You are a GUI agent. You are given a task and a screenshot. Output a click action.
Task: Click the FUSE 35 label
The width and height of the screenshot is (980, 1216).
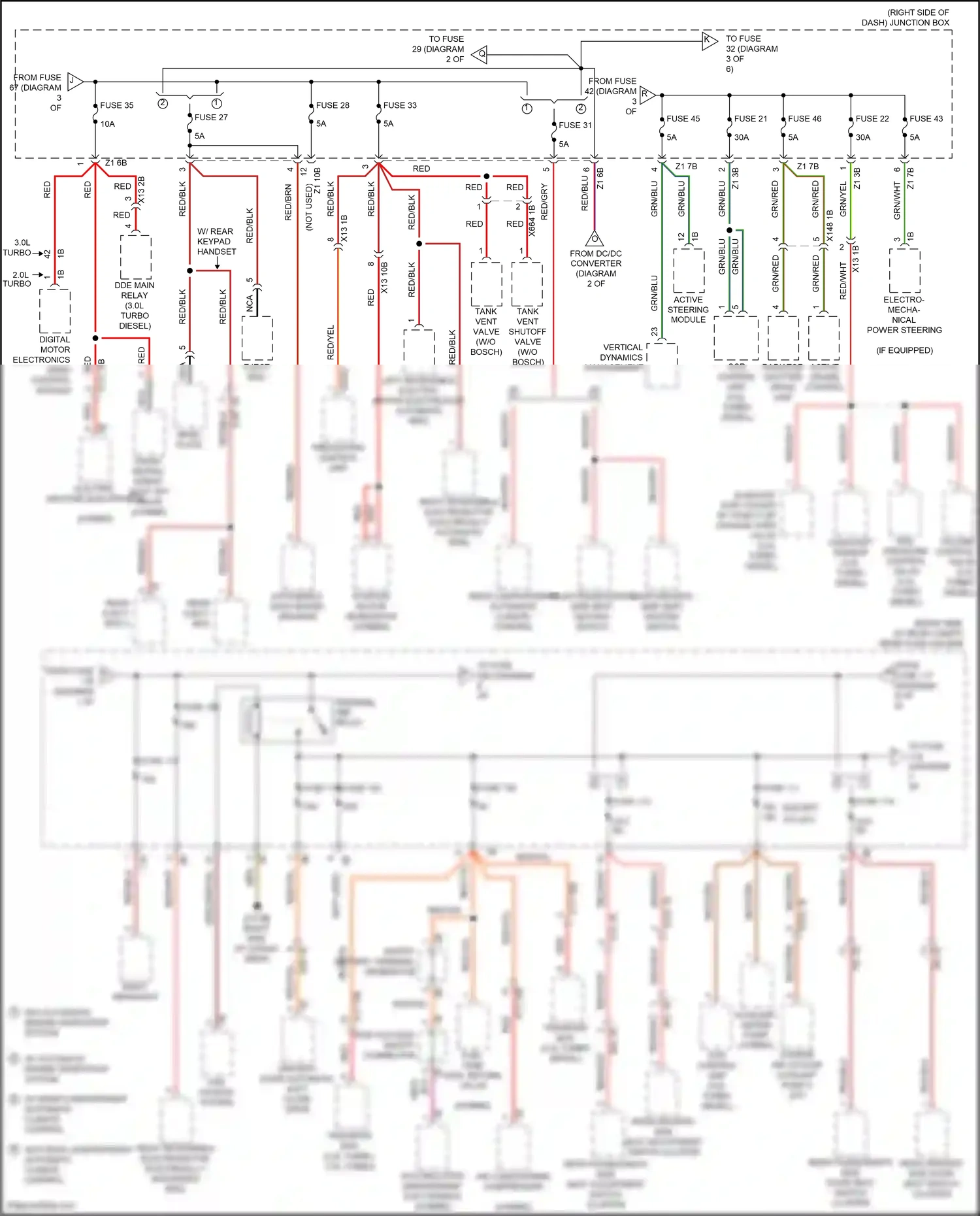pyautogui.click(x=116, y=105)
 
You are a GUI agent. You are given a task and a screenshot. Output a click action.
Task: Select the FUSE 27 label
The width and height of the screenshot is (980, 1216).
pyautogui.click(x=211, y=118)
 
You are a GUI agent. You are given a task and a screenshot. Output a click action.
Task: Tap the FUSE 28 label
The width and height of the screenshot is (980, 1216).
pyautogui.click(x=333, y=105)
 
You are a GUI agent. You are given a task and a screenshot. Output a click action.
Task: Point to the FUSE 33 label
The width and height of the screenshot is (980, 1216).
pyautogui.click(x=400, y=105)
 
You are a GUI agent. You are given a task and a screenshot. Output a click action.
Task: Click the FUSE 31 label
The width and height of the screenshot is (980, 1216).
pyautogui.click(x=575, y=125)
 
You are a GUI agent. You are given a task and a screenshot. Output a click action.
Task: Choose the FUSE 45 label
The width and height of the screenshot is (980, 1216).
pyautogui.click(x=683, y=119)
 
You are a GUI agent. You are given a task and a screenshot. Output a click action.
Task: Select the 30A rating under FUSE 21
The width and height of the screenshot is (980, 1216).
pyautogui.click(x=742, y=138)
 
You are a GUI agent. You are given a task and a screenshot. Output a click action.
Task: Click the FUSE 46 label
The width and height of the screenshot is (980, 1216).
pyautogui.click(x=804, y=119)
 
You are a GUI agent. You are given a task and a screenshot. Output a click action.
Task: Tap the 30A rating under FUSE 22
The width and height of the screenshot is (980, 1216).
pyautogui.click(x=863, y=138)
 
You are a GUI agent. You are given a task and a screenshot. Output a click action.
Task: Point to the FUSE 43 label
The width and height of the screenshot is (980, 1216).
pyautogui.click(x=926, y=119)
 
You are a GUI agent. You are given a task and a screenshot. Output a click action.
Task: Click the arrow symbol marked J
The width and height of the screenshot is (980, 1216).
pyautogui.click(x=74, y=82)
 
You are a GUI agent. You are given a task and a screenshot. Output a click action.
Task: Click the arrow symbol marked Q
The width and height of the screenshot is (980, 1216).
pyautogui.click(x=480, y=54)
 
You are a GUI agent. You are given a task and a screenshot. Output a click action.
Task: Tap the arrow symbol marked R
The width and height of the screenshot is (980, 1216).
pyautogui.click(x=646, y=95)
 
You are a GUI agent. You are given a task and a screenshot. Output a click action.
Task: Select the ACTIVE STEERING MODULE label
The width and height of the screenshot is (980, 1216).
pyautogui.click(x=688, y=310)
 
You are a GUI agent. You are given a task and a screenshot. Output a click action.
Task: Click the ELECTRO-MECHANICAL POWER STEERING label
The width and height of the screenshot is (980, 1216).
pyautogui.click(x=904, y=315)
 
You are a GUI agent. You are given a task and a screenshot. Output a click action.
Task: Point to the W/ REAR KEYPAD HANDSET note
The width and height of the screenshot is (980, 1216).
pyautogui.click(x=216, y=241)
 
